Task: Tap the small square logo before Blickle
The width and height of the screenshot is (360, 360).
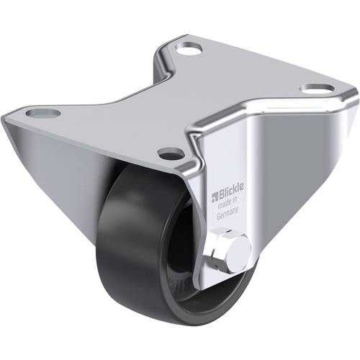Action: [213, 194]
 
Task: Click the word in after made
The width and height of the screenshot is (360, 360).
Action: [235, 203]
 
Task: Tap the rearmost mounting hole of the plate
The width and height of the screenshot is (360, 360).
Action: [189, 50]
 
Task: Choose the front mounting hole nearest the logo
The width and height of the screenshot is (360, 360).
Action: [170, 153]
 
